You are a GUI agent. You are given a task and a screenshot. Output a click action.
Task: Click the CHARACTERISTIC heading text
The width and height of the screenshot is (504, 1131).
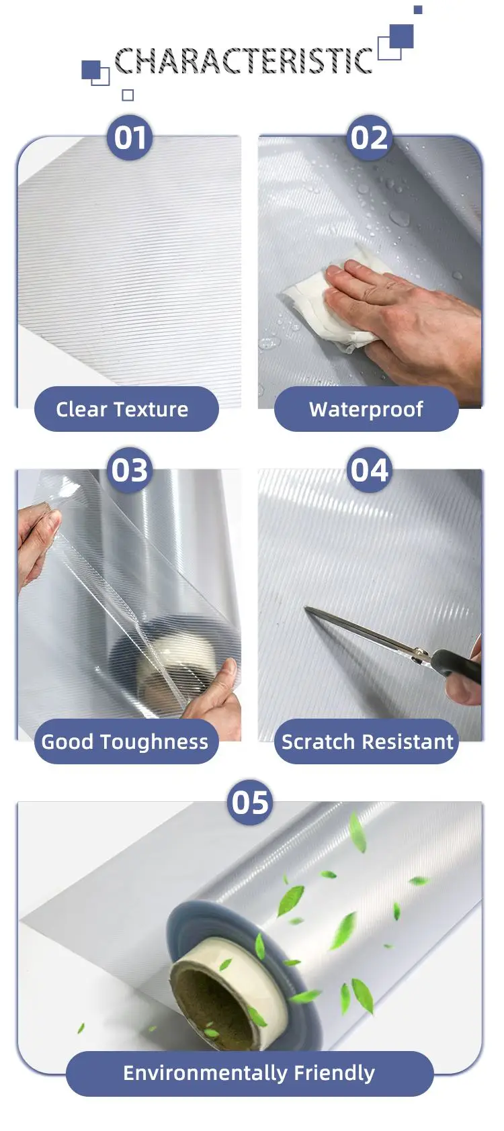(x=243, y=61)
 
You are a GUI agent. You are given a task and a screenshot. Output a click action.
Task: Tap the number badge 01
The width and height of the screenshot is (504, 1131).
(x=130, y=138)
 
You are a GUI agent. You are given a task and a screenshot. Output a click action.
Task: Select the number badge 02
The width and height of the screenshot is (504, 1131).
(x=370, y=138)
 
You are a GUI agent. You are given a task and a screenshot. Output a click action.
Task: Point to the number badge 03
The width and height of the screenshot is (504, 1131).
(x=130, y=470)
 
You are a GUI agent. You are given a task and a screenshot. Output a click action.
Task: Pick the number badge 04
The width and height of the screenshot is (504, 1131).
(x=370, y=470)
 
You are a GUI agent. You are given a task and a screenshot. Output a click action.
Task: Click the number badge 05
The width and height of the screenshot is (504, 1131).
(x=250, y=802)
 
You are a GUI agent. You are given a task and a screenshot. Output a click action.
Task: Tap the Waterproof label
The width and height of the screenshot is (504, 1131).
(x=366, y=409)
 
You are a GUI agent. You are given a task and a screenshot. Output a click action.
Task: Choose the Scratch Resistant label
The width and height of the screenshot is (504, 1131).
(x=366, y=741)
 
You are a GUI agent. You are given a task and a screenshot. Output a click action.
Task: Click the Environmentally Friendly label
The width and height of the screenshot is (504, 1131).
(x=249, y=1073)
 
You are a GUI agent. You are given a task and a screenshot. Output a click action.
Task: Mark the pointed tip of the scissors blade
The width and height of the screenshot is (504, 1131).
(x=307, y=609)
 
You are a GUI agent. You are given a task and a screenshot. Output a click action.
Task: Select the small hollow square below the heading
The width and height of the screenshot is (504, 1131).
(x=128, y=95)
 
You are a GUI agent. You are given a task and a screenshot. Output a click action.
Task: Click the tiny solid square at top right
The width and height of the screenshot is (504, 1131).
(x=417, y=9)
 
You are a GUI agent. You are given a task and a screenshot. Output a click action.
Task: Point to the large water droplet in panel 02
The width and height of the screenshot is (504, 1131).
(x=401, y=218)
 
